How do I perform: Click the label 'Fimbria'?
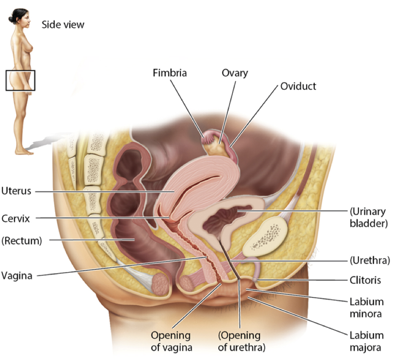[x=169, y=73]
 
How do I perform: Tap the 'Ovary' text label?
[x=235, y=73]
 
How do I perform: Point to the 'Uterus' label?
[x=16, y=191]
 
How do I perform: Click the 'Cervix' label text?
[x=15, y=218]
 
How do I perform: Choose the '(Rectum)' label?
[x=22, y=241]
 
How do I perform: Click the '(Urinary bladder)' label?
[x=367, y=217]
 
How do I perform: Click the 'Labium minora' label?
[x=367, y=308]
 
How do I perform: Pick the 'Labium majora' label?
[x=367, y=341]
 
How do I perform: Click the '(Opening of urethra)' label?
[x=239, y=341]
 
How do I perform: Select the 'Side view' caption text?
[x=63, y=24]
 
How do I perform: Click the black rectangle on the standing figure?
[x=20, y=80]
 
